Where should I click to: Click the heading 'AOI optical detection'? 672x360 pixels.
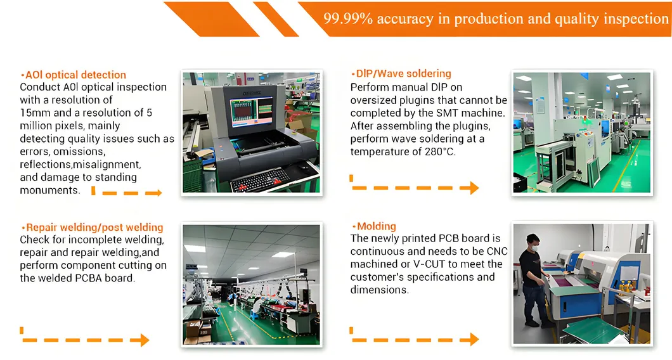[x=74, y=75]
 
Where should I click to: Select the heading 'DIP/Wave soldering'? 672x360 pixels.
[x=401, y=74]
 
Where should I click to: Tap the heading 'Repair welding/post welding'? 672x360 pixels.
[x=92, y=228]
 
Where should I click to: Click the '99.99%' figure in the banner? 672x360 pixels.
[x=347, y=18]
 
